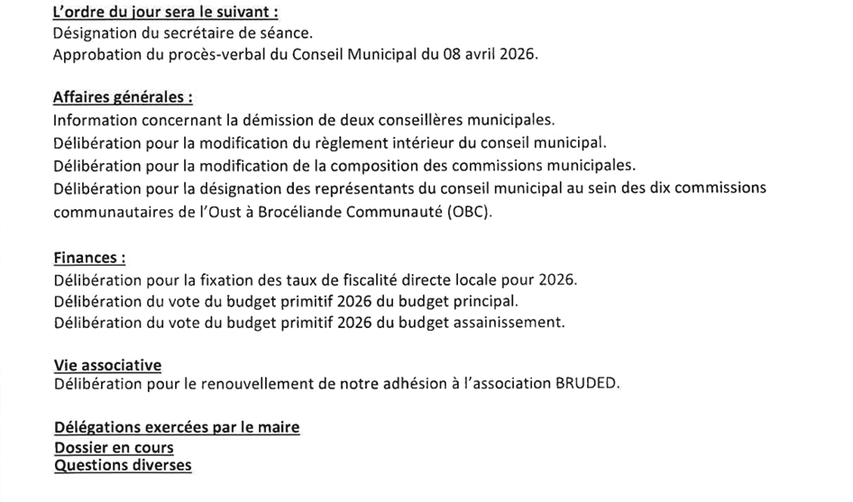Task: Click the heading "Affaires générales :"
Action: click(123, 97)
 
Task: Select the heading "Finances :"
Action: click(89, 258)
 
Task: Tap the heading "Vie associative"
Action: click(107, 365)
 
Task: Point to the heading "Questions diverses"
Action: click(123, 465)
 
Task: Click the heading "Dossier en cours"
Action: click(114, 448)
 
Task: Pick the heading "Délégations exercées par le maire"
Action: click(177, 427)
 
